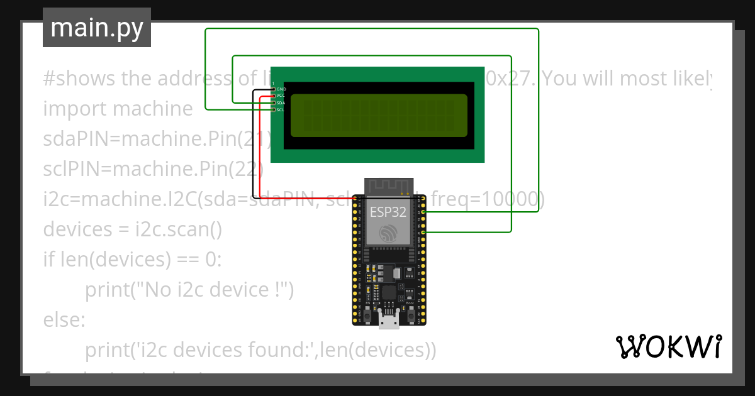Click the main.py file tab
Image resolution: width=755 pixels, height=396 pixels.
coord(96,28)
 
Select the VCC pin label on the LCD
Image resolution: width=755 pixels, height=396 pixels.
coord(281,96)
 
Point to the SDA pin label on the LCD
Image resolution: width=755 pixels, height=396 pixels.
coord(281,103)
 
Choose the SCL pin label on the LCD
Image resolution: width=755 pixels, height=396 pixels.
coord(281,110)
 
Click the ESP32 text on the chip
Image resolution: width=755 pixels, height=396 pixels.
coord(388,212)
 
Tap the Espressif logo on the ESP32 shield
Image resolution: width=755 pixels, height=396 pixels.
coord(388,234)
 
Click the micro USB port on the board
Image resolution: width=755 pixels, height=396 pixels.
coord(389,321)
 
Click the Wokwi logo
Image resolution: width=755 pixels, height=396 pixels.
coord(668,346)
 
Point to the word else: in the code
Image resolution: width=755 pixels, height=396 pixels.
coord(64,320)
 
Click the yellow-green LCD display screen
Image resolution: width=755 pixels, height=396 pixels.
coord(379,115)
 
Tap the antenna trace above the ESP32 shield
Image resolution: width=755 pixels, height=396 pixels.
coord(388,186)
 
